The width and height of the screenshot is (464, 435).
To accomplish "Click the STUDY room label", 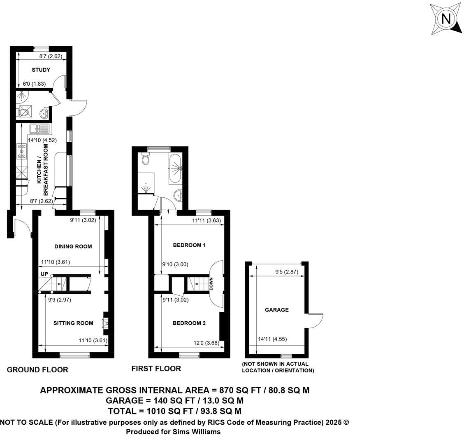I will tap(41, 70).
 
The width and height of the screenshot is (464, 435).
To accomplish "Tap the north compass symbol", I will tap(445, 19).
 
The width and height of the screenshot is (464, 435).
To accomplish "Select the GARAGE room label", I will tap(276, 310).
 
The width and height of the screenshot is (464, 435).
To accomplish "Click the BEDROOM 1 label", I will tap(189, 245).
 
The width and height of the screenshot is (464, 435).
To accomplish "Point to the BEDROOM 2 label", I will tap(189, 323).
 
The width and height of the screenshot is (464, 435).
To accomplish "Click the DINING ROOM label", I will tap(73, 246).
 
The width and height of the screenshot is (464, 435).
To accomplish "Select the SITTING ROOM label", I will tap(73, 323).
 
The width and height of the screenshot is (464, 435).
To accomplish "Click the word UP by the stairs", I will tap(44, 274).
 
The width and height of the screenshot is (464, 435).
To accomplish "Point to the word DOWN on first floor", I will tap(211, 284).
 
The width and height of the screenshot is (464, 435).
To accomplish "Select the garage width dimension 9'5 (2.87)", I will tap(288, 272).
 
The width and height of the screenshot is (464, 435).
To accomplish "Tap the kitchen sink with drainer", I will tap(39, 129).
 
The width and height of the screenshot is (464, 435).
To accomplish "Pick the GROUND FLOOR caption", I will tap(37, 370).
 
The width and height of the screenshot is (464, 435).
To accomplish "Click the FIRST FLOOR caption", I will tap(156, 368).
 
